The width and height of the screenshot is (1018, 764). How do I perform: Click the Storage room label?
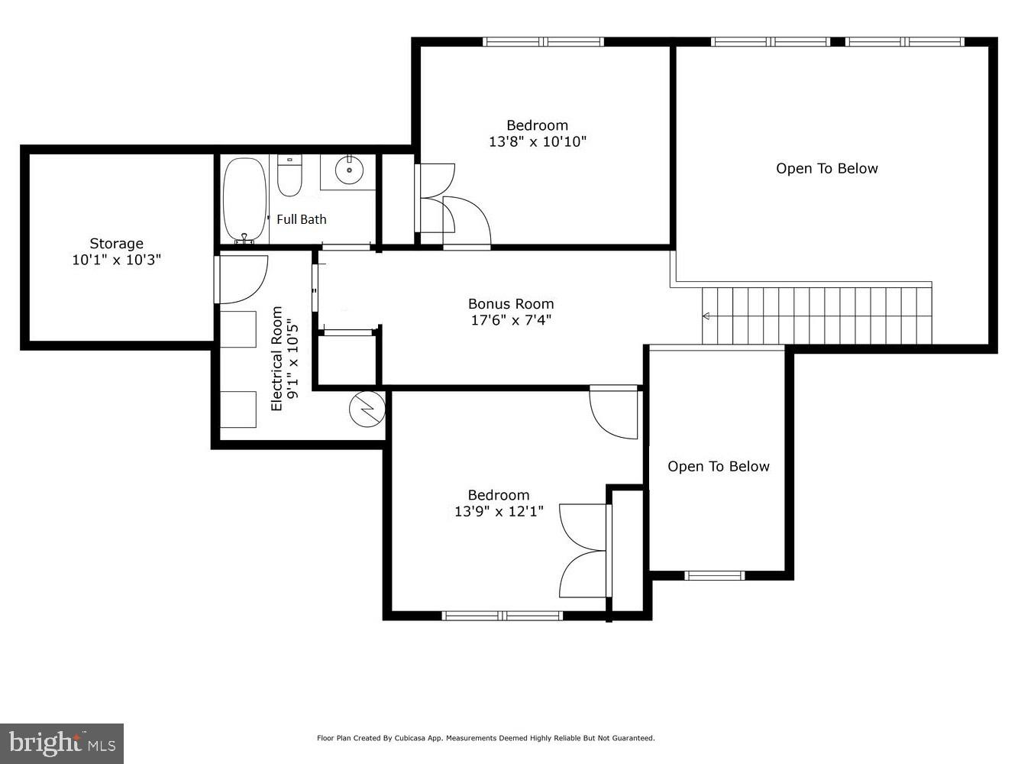(116, 244)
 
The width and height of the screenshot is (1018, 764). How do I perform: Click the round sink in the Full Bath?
(349, 170)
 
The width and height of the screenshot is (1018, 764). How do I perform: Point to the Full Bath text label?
(301, 219)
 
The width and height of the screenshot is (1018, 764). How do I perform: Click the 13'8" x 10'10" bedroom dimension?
(537, 142)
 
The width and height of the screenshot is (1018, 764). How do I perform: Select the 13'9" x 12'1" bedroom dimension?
(498, 512)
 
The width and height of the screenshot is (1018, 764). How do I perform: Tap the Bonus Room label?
(510, 304)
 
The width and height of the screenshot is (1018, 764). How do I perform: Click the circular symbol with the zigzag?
(367, 410)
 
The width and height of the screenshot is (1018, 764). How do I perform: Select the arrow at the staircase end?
(706, 316)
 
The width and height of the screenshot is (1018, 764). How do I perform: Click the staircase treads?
(817, 316)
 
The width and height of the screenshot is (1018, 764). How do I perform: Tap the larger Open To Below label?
(826, 169)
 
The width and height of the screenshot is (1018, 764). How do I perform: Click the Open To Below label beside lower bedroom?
(718, 467)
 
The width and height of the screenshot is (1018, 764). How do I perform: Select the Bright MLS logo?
(62, 743)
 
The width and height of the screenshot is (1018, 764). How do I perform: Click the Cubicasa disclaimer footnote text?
(486, 738)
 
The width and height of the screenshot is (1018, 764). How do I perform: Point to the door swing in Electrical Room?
(243, 280)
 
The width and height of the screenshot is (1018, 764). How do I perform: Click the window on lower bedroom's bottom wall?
(503, 615)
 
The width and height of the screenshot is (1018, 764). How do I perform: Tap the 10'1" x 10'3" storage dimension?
(116, 261)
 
